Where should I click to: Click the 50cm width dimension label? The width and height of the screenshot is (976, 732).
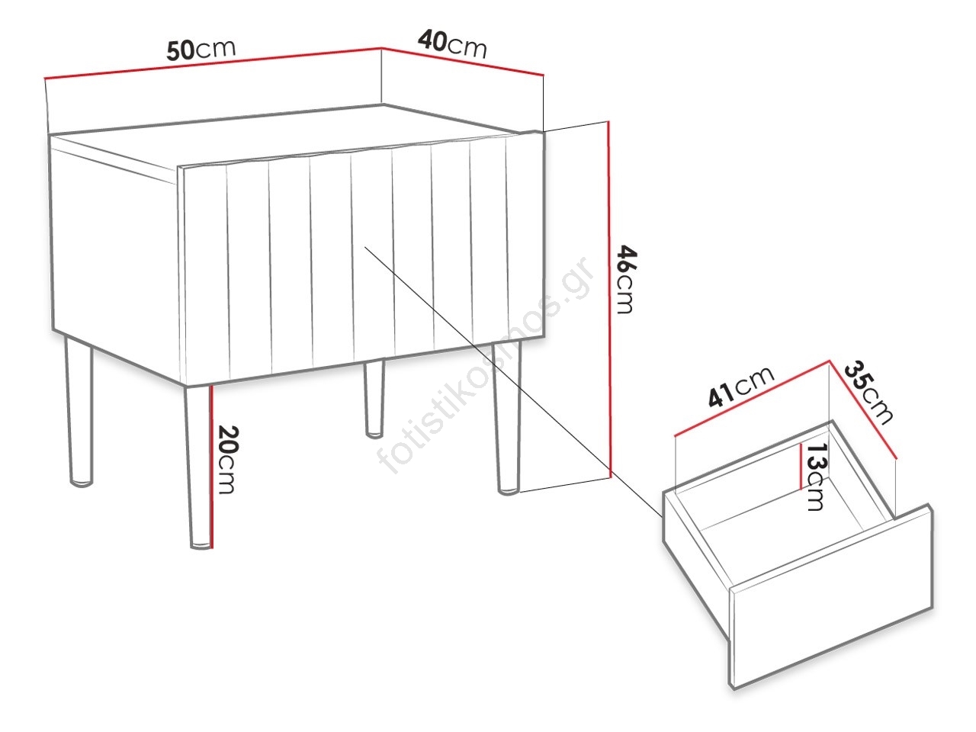tap(201, 50)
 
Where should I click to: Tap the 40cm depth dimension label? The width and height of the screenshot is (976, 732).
tap(452, 43)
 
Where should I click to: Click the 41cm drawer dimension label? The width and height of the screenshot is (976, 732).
tap(741, 387)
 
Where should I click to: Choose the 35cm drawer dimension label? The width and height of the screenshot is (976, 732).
tap(868, 393)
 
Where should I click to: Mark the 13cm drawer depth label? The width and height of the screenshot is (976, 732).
tap(817, 477)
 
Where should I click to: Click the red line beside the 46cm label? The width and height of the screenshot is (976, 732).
tap(608, 299)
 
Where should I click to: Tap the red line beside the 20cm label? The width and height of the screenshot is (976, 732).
tap(213, 466)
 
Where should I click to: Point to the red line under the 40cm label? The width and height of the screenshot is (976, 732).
tap(462, 61)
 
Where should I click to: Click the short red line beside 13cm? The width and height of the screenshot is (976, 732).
tap(801, 466)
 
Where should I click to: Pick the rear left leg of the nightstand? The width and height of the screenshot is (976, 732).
tap(79, 411)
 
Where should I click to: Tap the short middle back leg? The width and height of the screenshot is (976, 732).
tap(374, 399)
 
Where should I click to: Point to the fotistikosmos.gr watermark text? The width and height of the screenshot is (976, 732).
tap(485, 364)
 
